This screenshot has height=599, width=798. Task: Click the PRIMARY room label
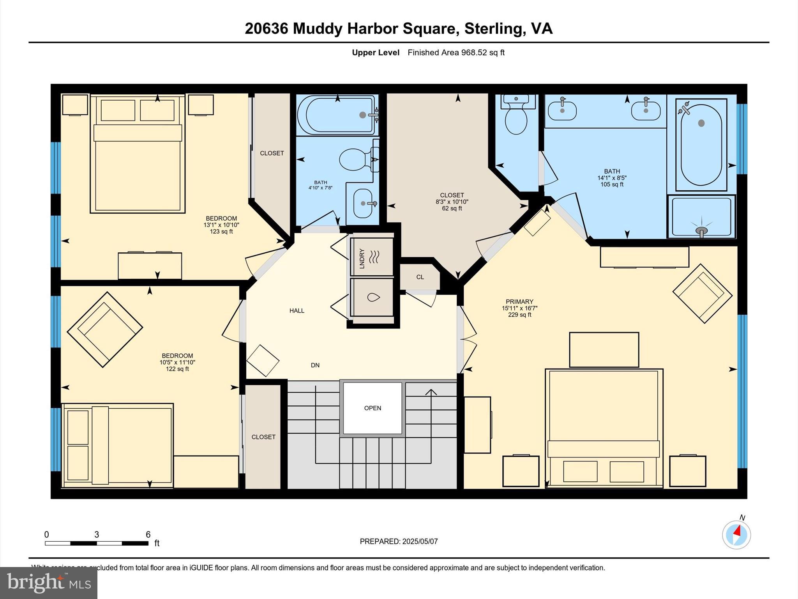(x=519, y=301)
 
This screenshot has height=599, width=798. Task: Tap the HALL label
(x=297, y=311)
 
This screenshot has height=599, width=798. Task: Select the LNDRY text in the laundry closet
(x=362, y=259)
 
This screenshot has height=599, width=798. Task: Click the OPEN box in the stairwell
(x=373, y=408)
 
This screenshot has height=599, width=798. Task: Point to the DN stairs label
(x=315, y=365)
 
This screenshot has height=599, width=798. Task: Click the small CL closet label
(x=420, y=277)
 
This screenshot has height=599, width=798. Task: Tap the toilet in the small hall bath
(x=355, y=159)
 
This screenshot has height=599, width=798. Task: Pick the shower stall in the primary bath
(x=701, y=217)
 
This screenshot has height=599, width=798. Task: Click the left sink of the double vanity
(x=562, y=110)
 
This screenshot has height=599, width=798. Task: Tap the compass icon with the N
(x=736, y=534)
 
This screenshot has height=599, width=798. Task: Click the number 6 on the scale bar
(x=148, y=535)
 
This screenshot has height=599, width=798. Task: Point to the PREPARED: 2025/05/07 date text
(x=399, y=541)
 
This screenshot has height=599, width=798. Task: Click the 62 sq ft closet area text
(x=452, y=209)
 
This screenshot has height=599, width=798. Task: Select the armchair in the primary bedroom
(x=702, y=294)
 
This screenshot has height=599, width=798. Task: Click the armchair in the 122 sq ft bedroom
(x=105, y=330)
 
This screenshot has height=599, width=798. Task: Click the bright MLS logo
(x=49, y=583)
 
